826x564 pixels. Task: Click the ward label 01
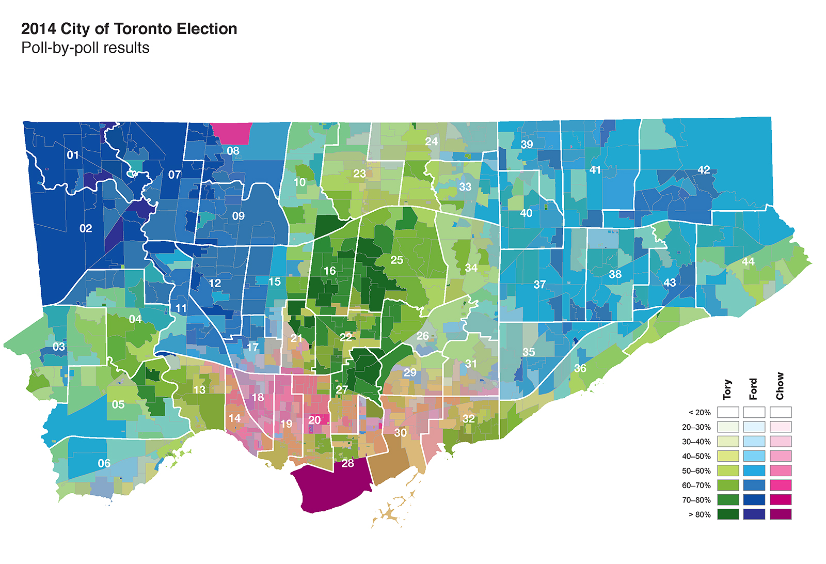tap(73, 155)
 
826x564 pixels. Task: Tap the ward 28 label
tap(348, 463)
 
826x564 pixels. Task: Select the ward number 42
tap(704, 170)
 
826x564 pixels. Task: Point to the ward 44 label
tap(748, 262)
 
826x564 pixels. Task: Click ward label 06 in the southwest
tap(104, 463)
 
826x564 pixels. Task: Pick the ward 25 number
tap(396, 260)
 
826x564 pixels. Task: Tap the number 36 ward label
tap(580, 369)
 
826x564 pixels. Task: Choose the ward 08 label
tap(233, 151)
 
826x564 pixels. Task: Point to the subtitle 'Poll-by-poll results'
tap(85, 48)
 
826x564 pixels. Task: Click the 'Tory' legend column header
tap(728, 389)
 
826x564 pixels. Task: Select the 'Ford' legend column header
tap(754, 389)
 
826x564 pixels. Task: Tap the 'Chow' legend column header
tap(780, 386)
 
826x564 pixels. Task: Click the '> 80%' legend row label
tap(700, 514)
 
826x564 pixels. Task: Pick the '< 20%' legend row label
tap(700, 413)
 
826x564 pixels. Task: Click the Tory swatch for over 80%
tap(728, 514)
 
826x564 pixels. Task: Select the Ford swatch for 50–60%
tap(754, 471)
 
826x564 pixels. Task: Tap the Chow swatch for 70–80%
tap(781, 500)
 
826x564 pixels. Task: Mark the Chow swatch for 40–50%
tap(781, 457)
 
